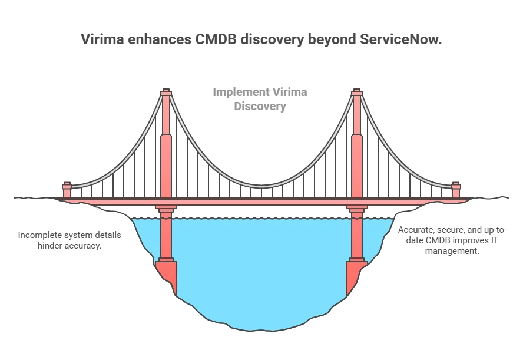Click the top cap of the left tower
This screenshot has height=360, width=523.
point(165,93)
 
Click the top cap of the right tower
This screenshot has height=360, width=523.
point(356,93)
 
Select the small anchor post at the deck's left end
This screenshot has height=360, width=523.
point(67,190)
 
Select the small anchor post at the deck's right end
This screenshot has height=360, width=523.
point(456,190)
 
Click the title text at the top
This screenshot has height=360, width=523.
point(261,41)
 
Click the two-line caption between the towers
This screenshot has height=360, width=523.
point(261,100)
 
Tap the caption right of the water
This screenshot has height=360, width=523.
point(451,238)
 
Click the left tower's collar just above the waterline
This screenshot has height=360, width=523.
point(165,209)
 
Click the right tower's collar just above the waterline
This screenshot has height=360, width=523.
point(356,209)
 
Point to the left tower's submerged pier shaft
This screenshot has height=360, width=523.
point(165,239)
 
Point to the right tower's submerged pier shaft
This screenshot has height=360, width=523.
point(356,239)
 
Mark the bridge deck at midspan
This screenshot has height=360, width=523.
point(261,202)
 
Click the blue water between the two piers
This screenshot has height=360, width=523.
point(261,265)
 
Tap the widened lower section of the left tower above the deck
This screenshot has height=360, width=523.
point(165,165)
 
